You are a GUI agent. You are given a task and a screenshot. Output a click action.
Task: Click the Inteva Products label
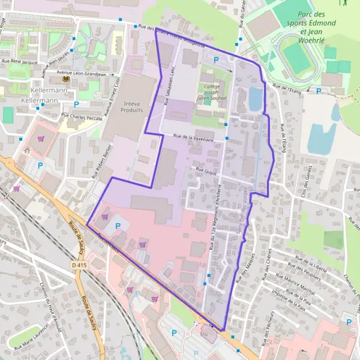[131, 106]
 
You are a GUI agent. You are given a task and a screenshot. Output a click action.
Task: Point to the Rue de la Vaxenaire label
[194, 137]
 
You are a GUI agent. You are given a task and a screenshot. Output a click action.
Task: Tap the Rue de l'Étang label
[287, 88]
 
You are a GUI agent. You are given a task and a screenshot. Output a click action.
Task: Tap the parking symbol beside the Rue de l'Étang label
[319, 91]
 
